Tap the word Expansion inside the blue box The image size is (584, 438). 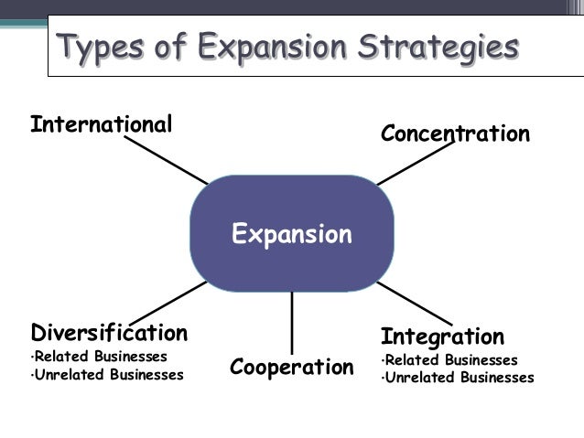pos(291,235)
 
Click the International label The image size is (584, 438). pos(101,123)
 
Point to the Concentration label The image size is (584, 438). pos(455,134)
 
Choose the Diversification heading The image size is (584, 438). pos(109,332)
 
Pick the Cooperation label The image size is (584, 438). pos(291,368)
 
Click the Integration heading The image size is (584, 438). pos(442,336)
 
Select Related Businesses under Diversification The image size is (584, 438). pos(102,356)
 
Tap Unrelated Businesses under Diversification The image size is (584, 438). pos(109,374)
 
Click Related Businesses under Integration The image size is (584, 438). pos(450,359)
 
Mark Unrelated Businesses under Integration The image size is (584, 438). pos(459,378)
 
